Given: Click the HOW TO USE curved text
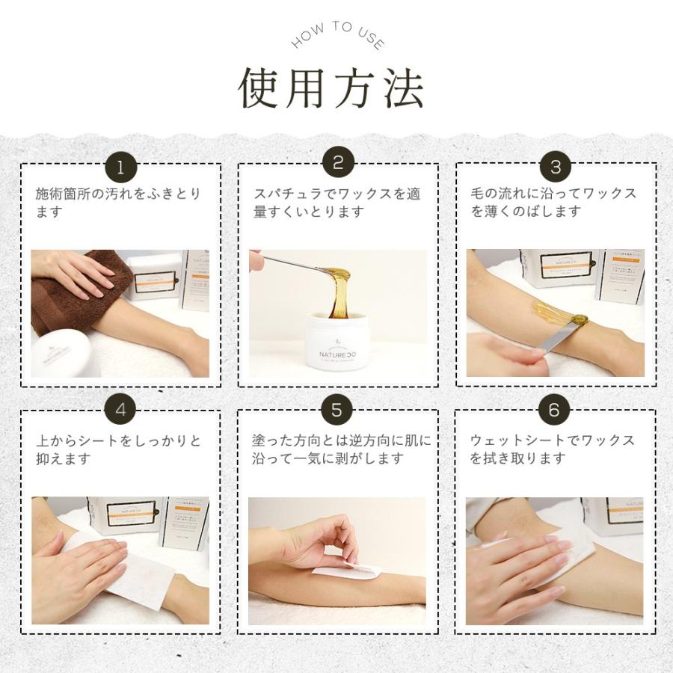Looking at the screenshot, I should [336, 37].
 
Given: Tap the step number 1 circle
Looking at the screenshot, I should [120, 166].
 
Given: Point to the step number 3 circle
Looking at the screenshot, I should [555, 166].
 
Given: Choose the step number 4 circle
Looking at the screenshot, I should [120, 411].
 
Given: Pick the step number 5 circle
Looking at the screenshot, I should [337, 411].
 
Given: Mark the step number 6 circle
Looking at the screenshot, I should [554, 411].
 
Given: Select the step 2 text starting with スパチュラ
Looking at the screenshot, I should [336, 203].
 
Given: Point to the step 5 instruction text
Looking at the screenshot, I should [341, 449].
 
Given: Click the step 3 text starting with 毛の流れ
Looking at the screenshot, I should [553, 203].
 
